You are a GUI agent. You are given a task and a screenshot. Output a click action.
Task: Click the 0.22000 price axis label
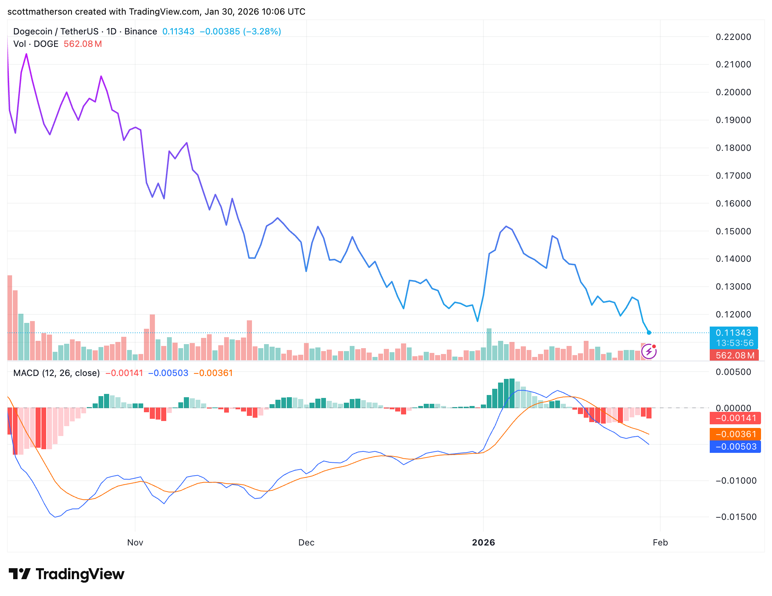tap(733, 37)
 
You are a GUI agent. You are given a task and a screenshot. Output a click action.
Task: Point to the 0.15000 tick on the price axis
tap(733, 231)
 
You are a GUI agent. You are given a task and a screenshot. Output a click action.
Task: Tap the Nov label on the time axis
tap(135, 543)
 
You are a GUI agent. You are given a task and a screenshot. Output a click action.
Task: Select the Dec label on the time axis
tap(306, 543)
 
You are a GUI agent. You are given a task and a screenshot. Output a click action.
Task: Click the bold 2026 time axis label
tap(483, 543)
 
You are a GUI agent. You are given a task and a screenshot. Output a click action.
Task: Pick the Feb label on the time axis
tap(660, 543)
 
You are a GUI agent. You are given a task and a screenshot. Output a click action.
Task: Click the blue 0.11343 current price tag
tap(734, 333)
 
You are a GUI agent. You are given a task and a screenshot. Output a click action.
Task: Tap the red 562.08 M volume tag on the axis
tap(734, 355)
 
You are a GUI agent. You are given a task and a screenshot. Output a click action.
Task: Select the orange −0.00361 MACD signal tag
tap(735, 434)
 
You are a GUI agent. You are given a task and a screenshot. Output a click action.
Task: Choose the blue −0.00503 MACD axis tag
tap(735, 447)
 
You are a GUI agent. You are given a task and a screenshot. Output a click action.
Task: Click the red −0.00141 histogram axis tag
tap(735, 418)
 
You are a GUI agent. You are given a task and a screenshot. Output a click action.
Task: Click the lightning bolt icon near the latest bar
tap(649, 352)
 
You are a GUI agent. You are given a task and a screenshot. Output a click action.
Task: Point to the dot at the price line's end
tap(649, 333)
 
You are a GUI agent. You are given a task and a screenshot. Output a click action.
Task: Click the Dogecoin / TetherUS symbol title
tap(56, 31)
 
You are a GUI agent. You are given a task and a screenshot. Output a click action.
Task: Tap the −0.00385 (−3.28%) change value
tap(240, 31)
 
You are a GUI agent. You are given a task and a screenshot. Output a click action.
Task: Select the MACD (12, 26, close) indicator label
tap(56, 373)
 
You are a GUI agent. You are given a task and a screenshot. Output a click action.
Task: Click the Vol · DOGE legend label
tap(36, 44)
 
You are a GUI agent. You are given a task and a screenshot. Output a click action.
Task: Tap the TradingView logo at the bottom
tap(66, 574)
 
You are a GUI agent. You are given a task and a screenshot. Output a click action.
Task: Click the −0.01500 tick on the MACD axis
tap(735, 517)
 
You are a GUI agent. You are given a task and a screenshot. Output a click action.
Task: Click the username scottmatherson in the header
tap(40, 12)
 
